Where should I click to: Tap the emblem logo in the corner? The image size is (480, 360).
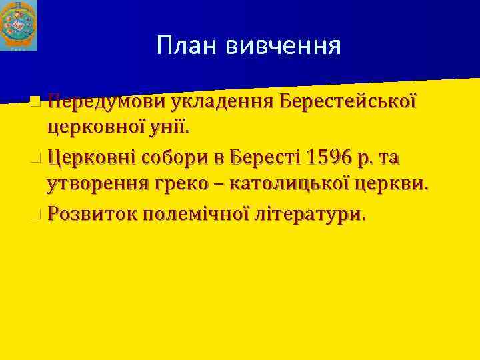point(19,26)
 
